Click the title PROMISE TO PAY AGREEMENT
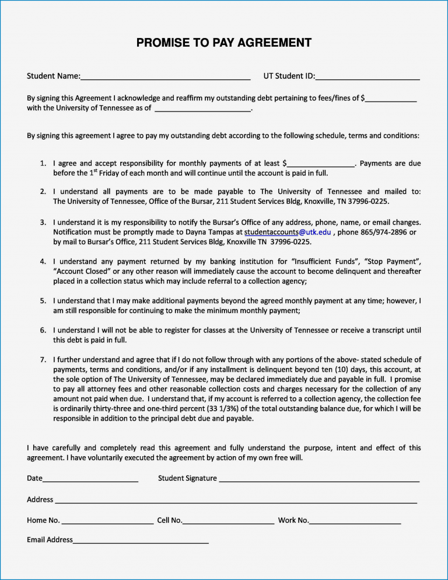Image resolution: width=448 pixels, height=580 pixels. coord(224,43)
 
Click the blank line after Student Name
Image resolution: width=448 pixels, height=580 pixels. coord(166,77)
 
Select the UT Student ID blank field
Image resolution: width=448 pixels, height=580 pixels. coord(367,77)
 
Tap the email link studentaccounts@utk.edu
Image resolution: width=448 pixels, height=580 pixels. coord(288,232)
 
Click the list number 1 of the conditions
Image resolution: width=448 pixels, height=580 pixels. coord(43,164)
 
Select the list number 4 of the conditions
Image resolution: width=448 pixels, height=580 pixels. coord(43,261)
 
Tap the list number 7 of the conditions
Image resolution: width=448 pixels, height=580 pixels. coord(43,359)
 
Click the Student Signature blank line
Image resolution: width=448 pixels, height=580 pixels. coord(319,480)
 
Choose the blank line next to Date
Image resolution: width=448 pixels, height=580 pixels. coord(90,480)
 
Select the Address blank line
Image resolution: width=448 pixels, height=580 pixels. coord(236,501)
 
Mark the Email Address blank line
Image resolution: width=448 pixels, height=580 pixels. coord(141,541)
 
